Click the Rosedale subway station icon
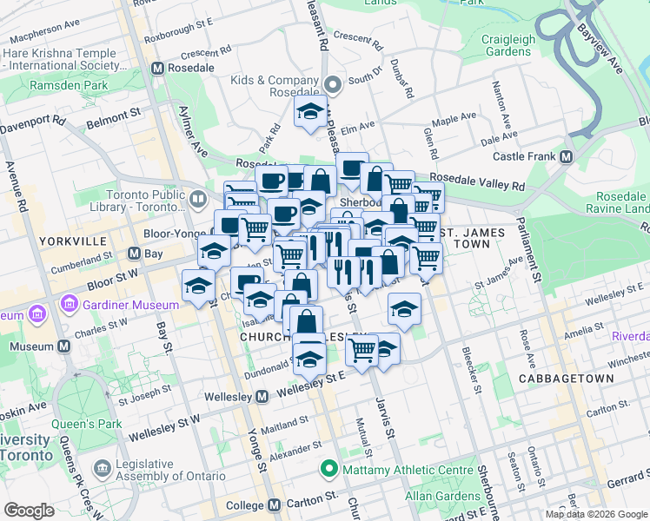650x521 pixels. pos(158,69)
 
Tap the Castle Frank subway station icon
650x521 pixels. pos(566,156)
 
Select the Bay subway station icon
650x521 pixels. pos(134,254)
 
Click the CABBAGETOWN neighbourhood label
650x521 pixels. pos(566,379)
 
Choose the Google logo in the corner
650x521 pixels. pos(30,511)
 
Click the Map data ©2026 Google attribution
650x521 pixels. pos(595,514)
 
